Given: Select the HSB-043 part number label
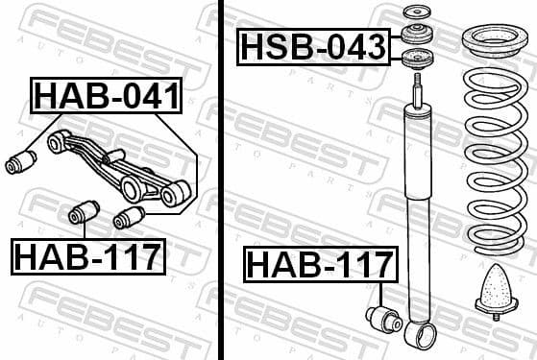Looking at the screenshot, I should click(x=314, y=45).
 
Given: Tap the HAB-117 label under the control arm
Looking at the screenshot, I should click(x=87, y=255).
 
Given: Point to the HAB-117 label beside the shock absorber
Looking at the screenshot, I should click(x=321, y=264).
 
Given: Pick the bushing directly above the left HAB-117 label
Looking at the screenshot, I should click(x=85, y=209).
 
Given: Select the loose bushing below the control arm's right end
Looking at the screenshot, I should click(x=129, y=218).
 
